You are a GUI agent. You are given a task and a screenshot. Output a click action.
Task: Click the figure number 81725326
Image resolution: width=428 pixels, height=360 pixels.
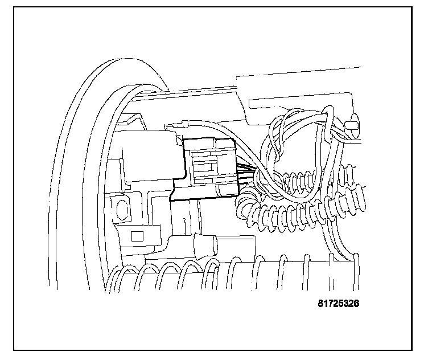coord(338,304)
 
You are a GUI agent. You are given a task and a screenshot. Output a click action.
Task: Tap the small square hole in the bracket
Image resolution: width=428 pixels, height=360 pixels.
coord(137,235)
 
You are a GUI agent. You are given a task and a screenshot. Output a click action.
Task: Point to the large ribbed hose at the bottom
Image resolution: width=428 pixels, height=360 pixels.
coord(239,273)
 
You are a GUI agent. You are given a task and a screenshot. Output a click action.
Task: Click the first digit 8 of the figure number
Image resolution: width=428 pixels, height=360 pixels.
coord(320,304)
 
